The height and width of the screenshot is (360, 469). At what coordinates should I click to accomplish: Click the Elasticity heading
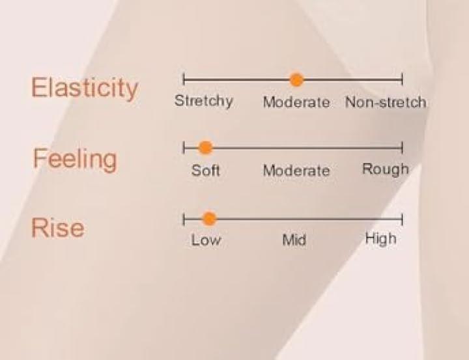pyautogui.click(x=85, y=88)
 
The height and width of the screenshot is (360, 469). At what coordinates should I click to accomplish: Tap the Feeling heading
pyautogui.click(x=75, y=159)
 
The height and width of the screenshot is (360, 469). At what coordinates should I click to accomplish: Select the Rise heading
pyautogui.click(x=58, y=228)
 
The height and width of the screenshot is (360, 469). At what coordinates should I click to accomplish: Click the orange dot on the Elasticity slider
pyautogui.click(x=297, y=80)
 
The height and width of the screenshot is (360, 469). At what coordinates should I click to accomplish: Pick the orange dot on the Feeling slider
pyautogui.click(x=205, y=147)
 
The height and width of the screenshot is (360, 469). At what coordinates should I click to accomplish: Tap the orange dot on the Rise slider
pyautogui.click(x=209, y=219)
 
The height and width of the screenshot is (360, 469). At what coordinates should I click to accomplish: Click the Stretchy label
pyautogui.click(x=204, y=101)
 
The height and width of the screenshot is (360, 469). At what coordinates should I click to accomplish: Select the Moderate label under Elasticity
pyautogui.click(x=296, y=102)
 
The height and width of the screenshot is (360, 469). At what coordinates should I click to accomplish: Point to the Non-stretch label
pyautogui.click(x=386, y=102)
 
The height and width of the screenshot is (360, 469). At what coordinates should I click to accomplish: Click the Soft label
pyautogui.click(x=205, y=171)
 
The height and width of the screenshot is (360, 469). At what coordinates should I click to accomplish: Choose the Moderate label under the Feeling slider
pyautogui.click(x=296, y=171)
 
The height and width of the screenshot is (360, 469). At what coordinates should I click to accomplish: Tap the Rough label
pyautogui.click(x=385, y=169)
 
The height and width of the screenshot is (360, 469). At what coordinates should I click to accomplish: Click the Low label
pyautogui.click(x=206, y=240)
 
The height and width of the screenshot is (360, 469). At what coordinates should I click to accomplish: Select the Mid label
pyautogui.click(x=294, y=240)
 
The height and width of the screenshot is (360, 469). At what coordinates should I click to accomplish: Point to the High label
pyautogui.click(x=381, y=239)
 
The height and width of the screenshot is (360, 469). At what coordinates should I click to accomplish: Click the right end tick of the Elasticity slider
pyautogui.click(x=403, y=79)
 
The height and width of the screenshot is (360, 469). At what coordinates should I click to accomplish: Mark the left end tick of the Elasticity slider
pyautogui.click(x=184, y=79)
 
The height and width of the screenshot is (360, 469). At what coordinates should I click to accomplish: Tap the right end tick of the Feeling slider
pyautogui.click(x=403, y=147)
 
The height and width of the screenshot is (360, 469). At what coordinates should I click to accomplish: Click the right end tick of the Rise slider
pyautogui.click(x=403, y=219)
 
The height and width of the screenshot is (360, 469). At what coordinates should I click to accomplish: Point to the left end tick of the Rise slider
pyautogui.click(x=184, y=219)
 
